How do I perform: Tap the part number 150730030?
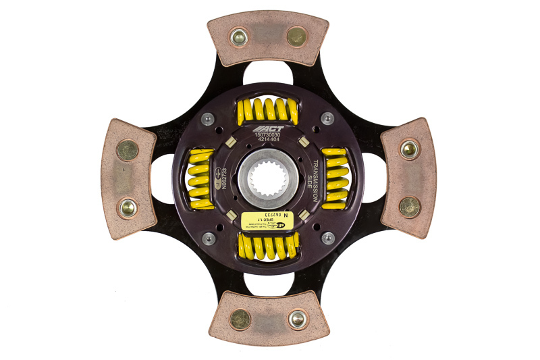tap(269, 135)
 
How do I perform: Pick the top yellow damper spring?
tap(269, 110)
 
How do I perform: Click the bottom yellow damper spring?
tap(269, 247)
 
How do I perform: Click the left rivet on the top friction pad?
tap(239, 37)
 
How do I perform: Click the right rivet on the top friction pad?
tap(296, 36)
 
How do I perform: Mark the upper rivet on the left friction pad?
tap(127, 150)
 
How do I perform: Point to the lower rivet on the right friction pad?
tap(409, 207)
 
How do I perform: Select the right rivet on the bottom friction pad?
tap(297, 319)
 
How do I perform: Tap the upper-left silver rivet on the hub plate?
tap(209, 118)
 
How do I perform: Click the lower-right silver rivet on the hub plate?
tap(327, 238)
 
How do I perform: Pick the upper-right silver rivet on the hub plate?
tap(327, 118)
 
